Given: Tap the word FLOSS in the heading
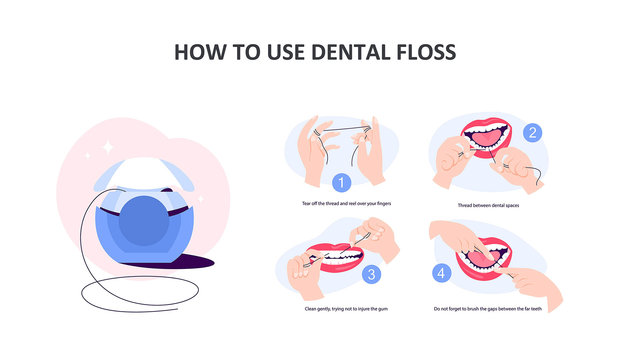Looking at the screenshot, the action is [426, 52].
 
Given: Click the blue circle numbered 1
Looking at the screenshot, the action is [342, 183].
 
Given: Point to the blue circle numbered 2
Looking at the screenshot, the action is [533, 133].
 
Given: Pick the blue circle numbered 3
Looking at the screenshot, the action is [372, 274].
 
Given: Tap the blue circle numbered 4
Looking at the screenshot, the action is [442, 273].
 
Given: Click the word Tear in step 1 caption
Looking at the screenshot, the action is [306, 203].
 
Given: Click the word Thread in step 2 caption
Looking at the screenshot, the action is [465, 205].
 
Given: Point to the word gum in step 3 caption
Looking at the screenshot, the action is [383, 309].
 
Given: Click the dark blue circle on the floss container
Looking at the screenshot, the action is [144, 221].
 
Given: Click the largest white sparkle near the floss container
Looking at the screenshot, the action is [108, 148].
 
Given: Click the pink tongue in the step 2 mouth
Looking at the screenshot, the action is [486, 138].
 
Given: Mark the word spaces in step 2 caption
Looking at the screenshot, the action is [512, 206].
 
